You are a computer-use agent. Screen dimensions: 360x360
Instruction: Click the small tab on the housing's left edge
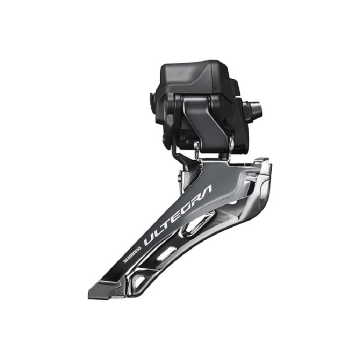(x=153, y=97)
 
